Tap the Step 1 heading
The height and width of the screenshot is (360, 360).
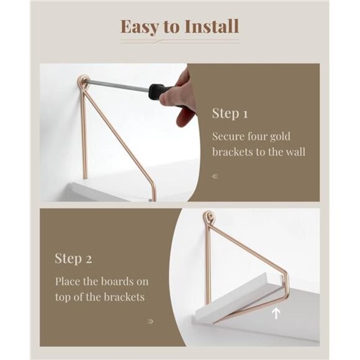(x=230, y=114)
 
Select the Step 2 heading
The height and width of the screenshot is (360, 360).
(x=73, y=258)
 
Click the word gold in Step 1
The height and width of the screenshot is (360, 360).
(x=277, y=136)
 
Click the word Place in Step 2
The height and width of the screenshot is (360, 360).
(x=68, y=281)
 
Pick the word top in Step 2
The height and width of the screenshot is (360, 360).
(x=63, y=297)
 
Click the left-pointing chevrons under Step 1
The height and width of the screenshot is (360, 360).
(x=215, y=176)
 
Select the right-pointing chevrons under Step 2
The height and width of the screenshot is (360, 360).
(x=150, y=322)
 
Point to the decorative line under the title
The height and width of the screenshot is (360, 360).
(x=179, y=42)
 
